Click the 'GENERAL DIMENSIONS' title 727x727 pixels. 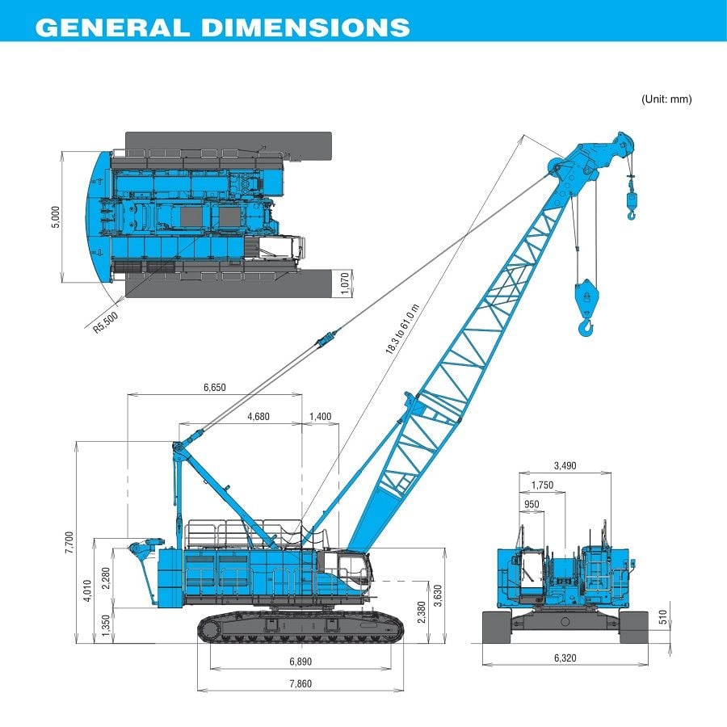[222, 26]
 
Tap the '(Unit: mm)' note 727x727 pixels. [666, 99]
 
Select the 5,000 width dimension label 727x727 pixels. [56, 217]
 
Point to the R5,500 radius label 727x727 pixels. [105, 322]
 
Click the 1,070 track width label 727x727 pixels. [345, 284]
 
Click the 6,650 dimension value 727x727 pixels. [214, 387]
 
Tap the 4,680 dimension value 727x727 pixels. [258, 416]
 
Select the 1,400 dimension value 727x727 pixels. [321, 416]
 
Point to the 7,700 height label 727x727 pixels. [69, 542]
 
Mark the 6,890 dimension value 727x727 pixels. [300, 662]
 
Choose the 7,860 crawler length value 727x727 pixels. [300, 683]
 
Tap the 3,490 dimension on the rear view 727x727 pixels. [566, 465]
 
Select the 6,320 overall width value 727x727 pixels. [566, 658]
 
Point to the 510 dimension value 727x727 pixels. [662, 618]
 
